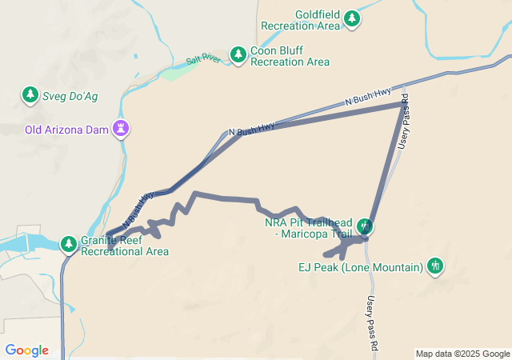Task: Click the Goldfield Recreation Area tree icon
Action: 352,18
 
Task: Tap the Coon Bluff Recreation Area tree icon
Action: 238,54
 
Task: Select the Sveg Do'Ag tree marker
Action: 30,96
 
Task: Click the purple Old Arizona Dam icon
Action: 121,129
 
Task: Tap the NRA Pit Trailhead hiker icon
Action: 365,226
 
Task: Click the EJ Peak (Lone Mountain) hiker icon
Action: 435,266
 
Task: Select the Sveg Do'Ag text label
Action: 70,96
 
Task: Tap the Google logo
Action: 27,350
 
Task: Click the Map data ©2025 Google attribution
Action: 462,354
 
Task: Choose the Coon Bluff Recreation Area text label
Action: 290,56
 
